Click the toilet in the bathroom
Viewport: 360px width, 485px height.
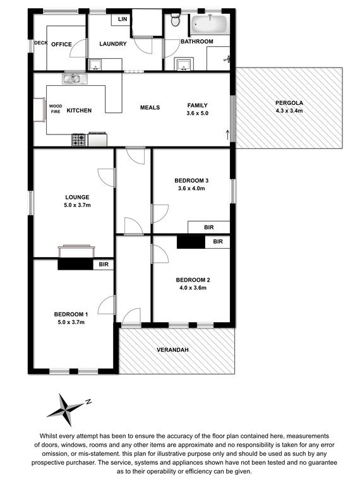(x=175, y=20)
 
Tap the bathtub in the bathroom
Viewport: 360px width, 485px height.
(x=210, y=24)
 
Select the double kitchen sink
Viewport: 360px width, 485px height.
(x=75, y=78)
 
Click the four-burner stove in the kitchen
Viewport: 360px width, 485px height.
(x=78, y=140)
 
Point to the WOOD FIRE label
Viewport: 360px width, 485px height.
(x=56, y=109)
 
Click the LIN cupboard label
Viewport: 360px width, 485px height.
(x=123, y=19)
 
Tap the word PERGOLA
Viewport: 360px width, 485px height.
(x=289, y=103)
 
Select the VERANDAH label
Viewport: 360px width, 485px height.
(x=172, y=350)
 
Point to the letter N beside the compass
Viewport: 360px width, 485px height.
(x=88, y=402)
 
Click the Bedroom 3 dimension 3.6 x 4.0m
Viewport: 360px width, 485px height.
(x=191, y=188)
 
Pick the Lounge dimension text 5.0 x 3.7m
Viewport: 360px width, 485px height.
(x=77, y=205)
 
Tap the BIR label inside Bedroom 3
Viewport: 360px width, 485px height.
(x=209, y=227)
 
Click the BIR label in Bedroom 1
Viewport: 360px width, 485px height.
(x=104, y=265)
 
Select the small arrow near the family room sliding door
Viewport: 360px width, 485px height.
(x=227, y=135)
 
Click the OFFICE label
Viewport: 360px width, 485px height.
(x=61, y=45)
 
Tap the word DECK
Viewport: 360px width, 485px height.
(x=41, y=43)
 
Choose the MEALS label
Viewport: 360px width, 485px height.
(x=150, y=107)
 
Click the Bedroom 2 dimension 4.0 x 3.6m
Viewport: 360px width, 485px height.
(x=193, y=288)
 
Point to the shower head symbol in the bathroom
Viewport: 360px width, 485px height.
(x=227, y=59)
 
